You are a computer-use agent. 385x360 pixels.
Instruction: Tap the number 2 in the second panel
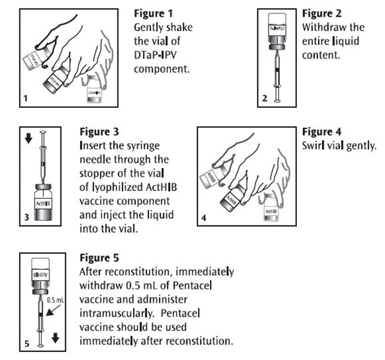(264, 99)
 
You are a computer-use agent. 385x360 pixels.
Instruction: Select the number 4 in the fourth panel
(204, 218)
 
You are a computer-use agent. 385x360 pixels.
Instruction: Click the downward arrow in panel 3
(24, 140)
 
